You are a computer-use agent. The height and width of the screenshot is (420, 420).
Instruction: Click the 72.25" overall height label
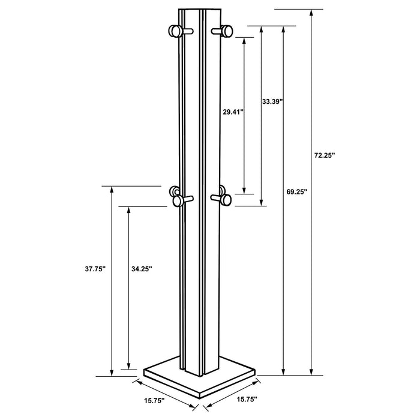[x=324, y=155]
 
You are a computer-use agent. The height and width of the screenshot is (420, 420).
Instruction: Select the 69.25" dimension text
[x=296, y=192]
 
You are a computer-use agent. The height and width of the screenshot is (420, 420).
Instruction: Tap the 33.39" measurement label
[x=272, y=102]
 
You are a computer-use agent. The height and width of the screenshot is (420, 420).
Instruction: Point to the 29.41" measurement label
[x=232, y=112]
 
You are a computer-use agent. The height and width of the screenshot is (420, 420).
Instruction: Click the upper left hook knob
[x=176, y=31]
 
